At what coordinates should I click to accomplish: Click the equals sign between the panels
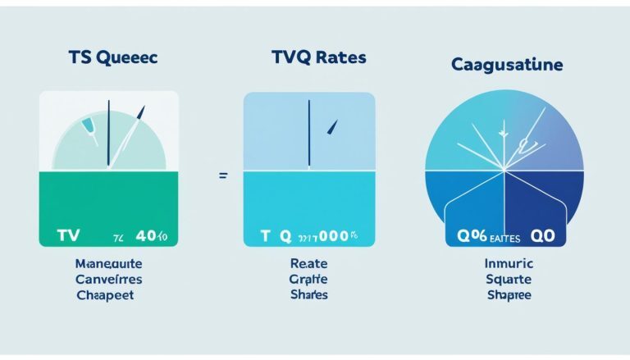point(223,176)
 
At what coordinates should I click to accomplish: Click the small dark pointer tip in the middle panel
point(332,126)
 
